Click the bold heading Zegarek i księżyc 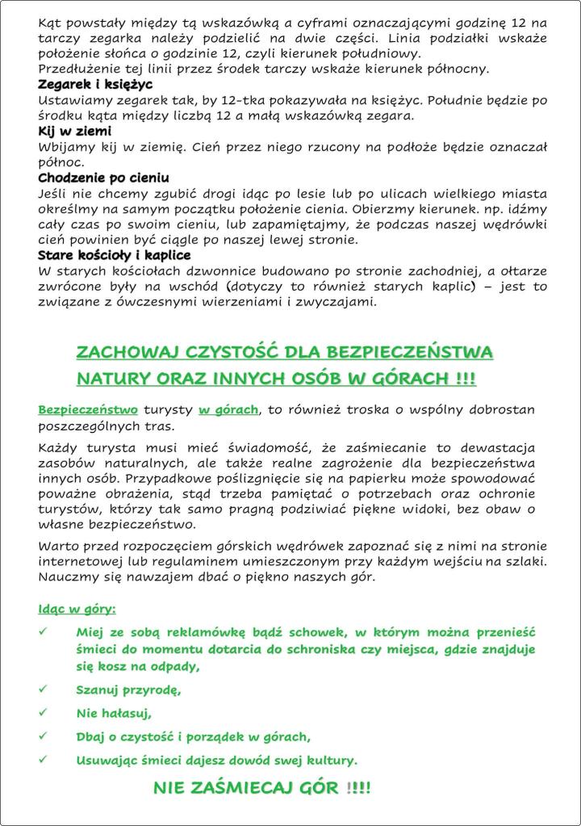pos(95,85)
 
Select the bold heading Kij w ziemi pos(75,131)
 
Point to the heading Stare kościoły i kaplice pos(115,255)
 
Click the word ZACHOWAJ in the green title pos(127,352)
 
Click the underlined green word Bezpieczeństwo pos(88,410)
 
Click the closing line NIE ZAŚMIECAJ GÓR pos(261,788)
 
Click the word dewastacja pos(492,448)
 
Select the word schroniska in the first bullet pos(325,650)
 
